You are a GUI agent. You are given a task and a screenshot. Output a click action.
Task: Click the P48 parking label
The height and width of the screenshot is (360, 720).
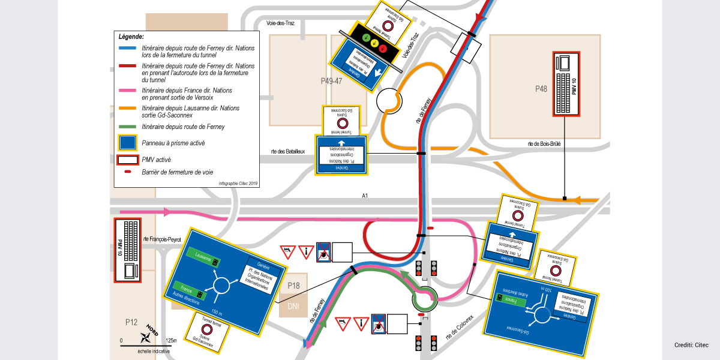(541, 89)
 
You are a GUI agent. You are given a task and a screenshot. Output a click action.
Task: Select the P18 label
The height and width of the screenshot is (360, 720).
(293, 286)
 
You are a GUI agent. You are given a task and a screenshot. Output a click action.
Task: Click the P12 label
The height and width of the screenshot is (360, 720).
(131, 322)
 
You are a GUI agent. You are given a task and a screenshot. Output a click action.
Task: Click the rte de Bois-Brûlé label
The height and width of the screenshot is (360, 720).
(544, 143)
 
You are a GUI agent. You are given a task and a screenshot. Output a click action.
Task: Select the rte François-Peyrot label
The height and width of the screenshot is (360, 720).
(164, 238)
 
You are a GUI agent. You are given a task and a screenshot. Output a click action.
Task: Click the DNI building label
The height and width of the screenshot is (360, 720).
(293, 305)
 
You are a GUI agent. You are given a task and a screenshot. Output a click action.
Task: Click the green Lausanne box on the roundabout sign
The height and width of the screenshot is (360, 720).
(203, 254)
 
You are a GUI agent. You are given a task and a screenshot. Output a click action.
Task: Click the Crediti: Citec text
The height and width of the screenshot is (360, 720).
(691, 345)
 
